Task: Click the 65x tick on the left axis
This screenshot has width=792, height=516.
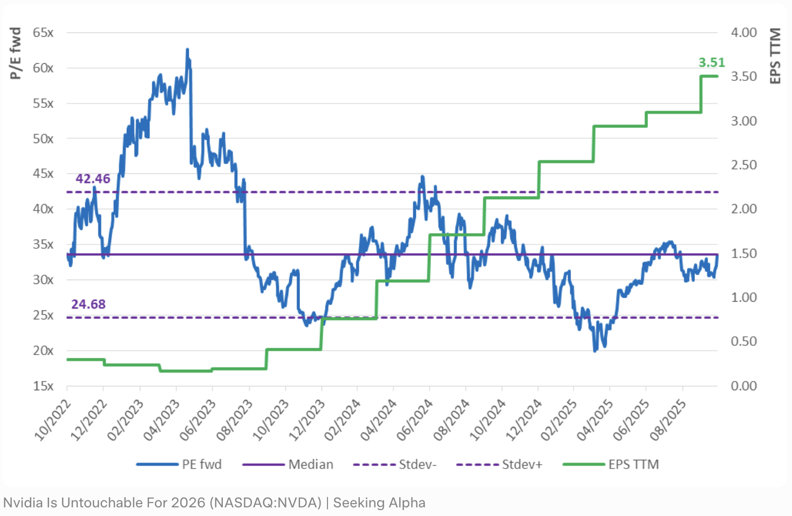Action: (43, 32)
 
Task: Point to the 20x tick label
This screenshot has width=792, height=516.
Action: (43, 350)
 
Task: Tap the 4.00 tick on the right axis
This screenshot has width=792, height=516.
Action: (743, 32)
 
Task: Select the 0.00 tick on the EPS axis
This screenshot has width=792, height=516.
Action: (743, 386)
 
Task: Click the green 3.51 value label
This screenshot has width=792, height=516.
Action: (711, 63)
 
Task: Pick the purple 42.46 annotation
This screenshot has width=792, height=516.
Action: (93, 179)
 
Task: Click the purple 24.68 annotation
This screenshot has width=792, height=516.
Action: (88, 304)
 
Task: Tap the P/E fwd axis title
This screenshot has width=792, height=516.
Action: (16, 53)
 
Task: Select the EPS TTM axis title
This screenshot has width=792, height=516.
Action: (775, 56)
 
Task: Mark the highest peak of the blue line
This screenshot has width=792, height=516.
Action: (187, 50)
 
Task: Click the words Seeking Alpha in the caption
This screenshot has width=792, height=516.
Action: (379, 503)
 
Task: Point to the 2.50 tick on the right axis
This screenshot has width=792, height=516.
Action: (743, 165)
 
